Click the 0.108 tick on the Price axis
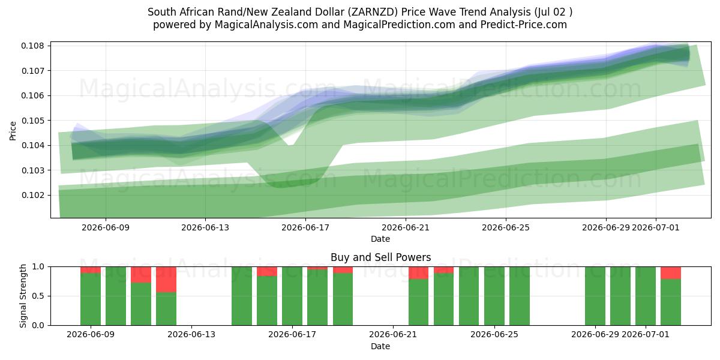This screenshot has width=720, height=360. click(x=32, y=46)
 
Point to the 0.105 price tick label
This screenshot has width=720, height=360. click(x=32, y=121)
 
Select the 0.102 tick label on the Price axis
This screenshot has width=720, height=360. click(x=32, y=195)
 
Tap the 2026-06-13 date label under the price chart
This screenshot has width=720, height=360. click(x=205, y=227)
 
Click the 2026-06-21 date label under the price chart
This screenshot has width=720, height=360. click(x=406, y=227)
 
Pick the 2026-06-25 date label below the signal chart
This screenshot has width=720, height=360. click(x=494, y=334)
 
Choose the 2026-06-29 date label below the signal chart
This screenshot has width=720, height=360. click(x=595, y=334)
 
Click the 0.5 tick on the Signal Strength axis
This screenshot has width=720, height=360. click(x=38, y=296)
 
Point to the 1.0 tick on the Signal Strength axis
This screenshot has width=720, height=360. click(x=38, y=267)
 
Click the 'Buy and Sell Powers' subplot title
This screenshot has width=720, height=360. click(x=380, y=257)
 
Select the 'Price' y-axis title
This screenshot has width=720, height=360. click(x=13, y=131)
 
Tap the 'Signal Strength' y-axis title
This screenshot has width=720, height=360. click(x=23, y=296)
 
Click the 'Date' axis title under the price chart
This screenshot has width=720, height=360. click(x=380, y=239)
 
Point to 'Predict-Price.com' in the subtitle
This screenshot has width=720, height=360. click(x=524, y=25)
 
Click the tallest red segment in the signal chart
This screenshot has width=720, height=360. click(x=166, y=280)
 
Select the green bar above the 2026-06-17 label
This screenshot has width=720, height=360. click(x=292, y=296)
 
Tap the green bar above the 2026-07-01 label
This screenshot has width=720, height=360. click(x=646, y=296)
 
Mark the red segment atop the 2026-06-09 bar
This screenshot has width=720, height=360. click(x=91, y=269)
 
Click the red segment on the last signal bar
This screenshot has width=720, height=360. click(x=671, y=273)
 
